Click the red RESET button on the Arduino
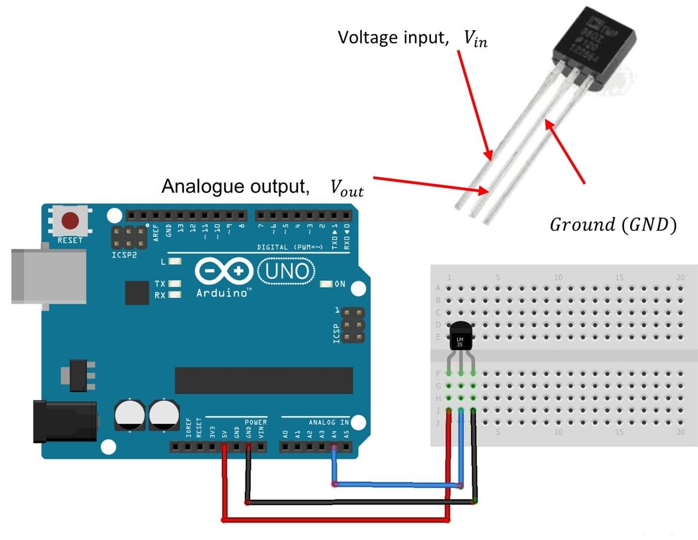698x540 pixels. point(70,220)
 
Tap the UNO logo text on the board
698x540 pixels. point(290,271)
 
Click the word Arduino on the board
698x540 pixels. point(222,292)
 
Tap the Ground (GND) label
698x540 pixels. point(612,226)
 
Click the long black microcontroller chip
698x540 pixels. point(263,380)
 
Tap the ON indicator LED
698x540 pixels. point(327,284)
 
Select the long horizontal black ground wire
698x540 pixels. point(361,501)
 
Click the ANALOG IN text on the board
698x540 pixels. point(329,422)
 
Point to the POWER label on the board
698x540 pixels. point(255,422)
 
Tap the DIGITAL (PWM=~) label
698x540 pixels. point(286,248)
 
